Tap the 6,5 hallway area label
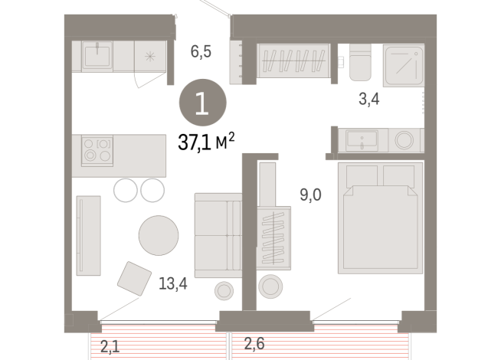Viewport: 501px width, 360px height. tap(201, 52)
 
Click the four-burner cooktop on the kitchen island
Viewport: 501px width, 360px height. tap(97, 149)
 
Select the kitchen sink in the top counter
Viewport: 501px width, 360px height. tap(97, 55)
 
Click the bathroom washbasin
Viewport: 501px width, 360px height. tap(362, 140)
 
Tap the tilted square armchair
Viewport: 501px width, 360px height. tap(135, 277)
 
